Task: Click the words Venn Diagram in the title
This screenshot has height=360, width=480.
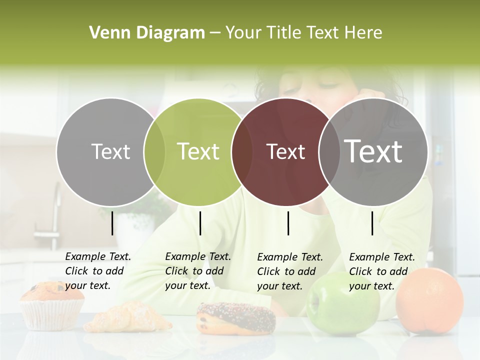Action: tap(147, 33)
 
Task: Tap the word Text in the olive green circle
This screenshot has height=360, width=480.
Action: tap(198, 151)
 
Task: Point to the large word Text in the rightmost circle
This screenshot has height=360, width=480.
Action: tap(373, 151)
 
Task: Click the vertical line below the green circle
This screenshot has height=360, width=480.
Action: tap(200, 223)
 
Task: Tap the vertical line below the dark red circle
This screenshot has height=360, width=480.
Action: tap(288, 223)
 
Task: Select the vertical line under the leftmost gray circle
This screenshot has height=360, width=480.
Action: tap(112, 223)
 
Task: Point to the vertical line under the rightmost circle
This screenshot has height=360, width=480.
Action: tap(372, 223)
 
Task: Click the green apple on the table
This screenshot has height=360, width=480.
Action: tap(343, 304)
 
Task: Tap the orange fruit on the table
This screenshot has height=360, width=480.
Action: tap(429, 300)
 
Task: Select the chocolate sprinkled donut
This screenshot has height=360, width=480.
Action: tap(236, 318)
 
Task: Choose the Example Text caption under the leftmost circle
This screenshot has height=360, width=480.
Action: tap(98, 271)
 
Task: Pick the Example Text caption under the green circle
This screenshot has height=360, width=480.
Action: tap(198, 271)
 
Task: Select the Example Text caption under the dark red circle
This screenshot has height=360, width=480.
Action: tap(290, 271)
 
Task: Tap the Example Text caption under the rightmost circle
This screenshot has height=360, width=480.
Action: tap(382, 271)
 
